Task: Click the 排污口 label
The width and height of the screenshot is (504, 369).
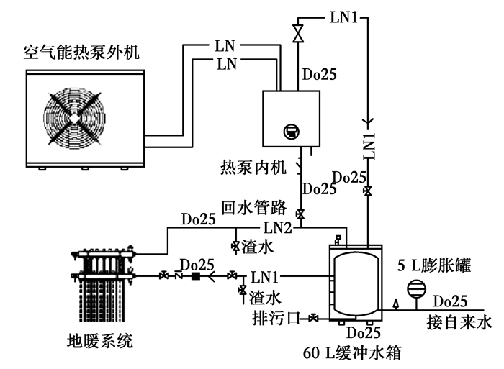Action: pos(274,317)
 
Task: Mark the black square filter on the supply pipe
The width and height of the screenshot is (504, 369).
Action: pos(195,276)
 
